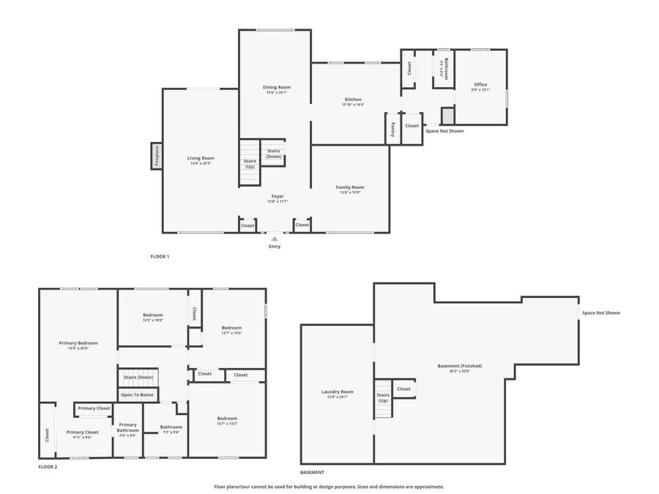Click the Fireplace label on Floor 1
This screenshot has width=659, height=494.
[x=156, y=156]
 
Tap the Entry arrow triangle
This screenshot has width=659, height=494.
[x=275, y=239]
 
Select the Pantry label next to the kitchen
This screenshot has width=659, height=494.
[x=392, y=129]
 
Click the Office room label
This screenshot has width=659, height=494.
[x=480, y=84]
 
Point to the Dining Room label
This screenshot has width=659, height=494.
[x=277, y=87]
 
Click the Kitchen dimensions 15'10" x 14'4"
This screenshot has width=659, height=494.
[x=353, y=105]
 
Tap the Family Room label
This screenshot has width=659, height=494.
[x=350, y=187]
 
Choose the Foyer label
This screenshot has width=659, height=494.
[x=278, y=196]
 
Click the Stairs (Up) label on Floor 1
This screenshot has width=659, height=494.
[x=250, y=163]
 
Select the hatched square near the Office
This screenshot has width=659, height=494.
[x=447, y=116]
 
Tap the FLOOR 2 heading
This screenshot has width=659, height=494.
[x=48, y=466]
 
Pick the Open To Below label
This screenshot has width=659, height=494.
[x=137, y=394]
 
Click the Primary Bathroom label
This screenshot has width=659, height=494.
[x=128, y=427]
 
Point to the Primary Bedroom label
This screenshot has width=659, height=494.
[x=78, y=343]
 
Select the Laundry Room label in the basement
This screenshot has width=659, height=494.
[x=337, y=392]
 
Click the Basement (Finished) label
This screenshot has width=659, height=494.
[x=460, y=366]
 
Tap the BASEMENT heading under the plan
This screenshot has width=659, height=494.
[x=312, y=473]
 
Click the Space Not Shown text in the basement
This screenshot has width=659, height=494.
[x=600, y=313]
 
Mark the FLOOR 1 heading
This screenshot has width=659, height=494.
[x=160, y=256]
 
